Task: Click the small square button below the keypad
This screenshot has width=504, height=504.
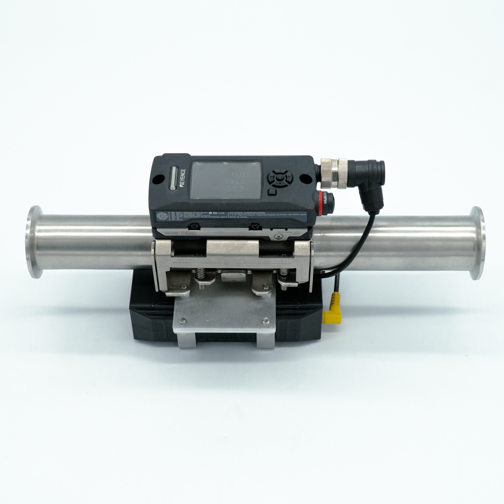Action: click(x=272, y=192)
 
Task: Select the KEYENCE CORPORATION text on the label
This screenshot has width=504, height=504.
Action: click(x=247, y=213)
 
